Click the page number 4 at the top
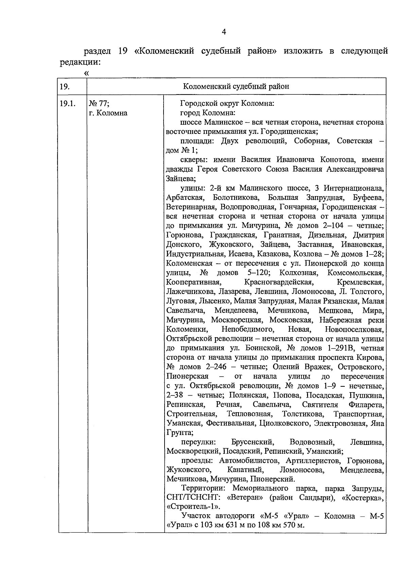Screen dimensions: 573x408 [x=223, y=32]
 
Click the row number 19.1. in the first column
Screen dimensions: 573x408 [x=67, y=103]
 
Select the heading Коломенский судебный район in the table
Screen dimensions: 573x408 [x=236, y=86]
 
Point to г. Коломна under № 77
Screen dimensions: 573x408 [x=108, y=113]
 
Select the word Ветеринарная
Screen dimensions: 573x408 [x=191, y=207]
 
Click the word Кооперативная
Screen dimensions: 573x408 [x=194, y=282]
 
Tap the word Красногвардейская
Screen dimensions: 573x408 [x=278, y=282]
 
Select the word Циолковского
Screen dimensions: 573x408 [x=285, y=423]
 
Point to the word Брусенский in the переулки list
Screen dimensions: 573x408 [x=252, y=442]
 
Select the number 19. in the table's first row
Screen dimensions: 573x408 [x=65, y=86]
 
